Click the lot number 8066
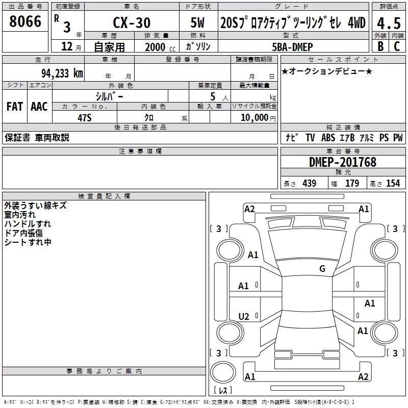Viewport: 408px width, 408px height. click(25, 21)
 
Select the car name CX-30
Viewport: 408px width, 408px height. click(132, 22)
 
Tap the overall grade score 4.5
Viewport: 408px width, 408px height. click(389, 23)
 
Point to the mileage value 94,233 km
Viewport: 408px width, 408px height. click(62, 73)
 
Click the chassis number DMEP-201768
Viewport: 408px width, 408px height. click(343, 162)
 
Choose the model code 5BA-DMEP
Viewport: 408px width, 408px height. click(292, 47)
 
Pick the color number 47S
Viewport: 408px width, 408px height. click(85, 118)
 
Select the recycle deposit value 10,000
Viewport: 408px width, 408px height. click(254, 117)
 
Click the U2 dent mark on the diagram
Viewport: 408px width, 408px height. click(244, 316)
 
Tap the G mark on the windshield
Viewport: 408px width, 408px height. click(322, 268)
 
